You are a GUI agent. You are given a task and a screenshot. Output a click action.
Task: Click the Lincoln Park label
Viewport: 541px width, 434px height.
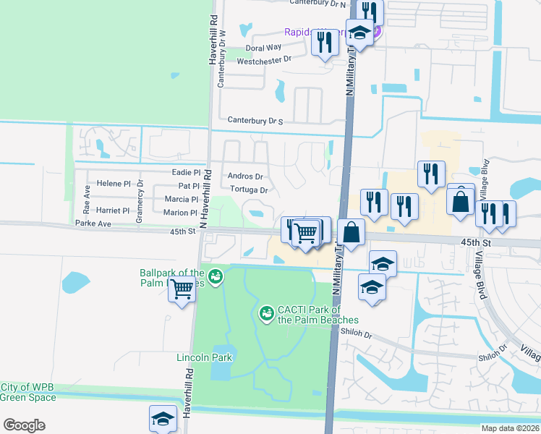click(x=205, y=357)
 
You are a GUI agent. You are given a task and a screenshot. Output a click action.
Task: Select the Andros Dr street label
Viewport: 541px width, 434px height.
click(x=245, y=176)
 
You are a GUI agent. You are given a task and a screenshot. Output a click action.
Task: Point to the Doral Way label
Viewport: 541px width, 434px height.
click(x=263, y=48)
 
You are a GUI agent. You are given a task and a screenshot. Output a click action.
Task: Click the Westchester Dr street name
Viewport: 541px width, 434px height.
click(x=264, y=60)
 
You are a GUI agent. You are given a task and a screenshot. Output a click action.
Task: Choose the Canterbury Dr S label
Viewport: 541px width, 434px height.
click(x=255, y=121)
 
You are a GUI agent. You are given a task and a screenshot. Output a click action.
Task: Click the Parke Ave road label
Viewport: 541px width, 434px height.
click(x=93, y=224)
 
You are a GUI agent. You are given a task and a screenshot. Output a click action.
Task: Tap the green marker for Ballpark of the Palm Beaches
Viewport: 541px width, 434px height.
click(x=215, y=276)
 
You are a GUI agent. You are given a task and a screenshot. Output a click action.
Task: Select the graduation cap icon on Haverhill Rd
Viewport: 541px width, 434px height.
click(x=163, y=417)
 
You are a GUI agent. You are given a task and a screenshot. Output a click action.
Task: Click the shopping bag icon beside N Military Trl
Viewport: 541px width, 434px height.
click(x=351, y=232)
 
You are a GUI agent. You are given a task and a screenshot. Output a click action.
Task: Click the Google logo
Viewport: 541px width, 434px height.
click(x=24, y=425)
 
